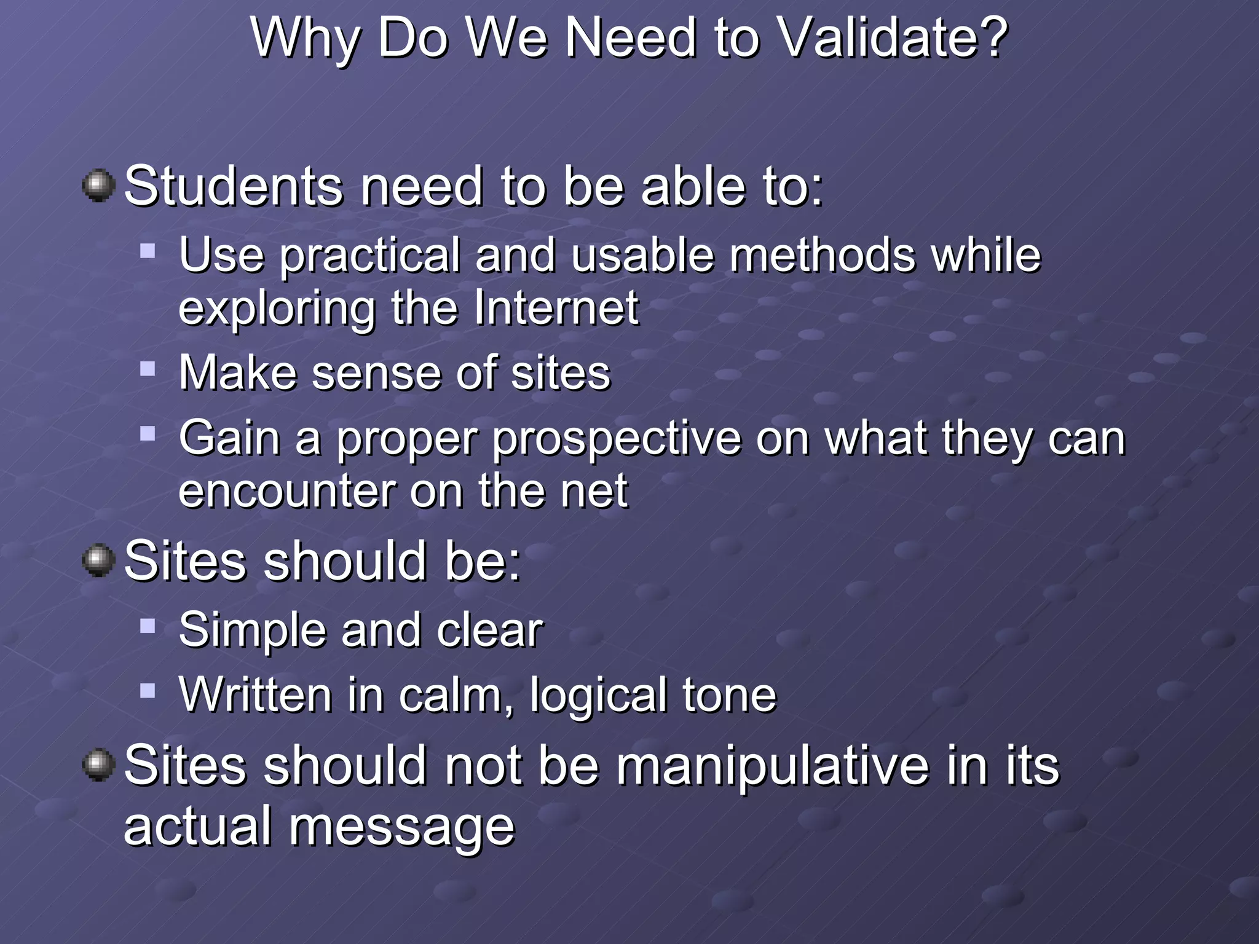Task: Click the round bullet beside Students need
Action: pos(98,186)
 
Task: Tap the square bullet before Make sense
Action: pos(148,369)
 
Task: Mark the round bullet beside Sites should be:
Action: pos(98,560)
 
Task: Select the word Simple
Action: pos(253,631)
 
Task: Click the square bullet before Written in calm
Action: pos(148,691)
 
